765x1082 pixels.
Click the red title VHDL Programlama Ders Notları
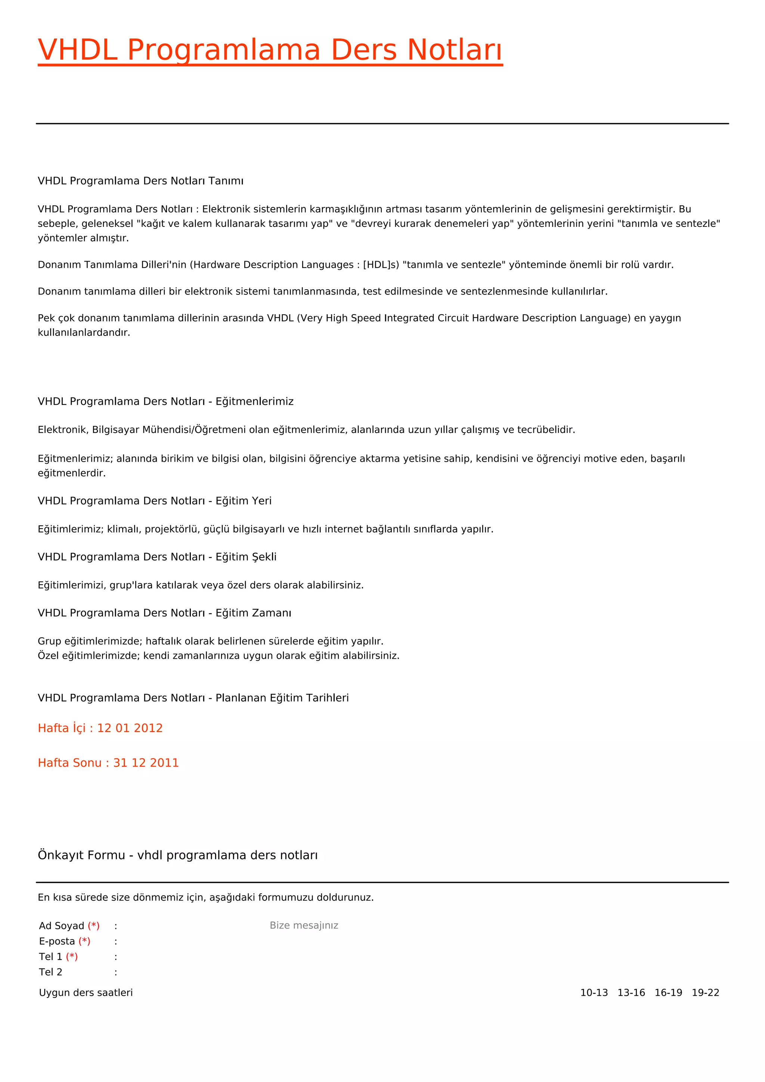click(270, 50)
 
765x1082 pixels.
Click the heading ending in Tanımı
click(140, 181)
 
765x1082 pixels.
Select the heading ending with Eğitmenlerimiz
click(165, 402)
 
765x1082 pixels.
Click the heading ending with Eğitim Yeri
click(155, 501)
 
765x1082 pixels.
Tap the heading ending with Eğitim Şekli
click(157, 557)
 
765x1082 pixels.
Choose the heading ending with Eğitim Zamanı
click(164, 613)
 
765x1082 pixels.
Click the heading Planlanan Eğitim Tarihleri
click(193, 698)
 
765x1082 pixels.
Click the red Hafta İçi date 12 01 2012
click(130, 729)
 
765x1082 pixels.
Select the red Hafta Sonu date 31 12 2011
click(146, 763)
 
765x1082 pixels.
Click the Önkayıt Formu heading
click(177, 855)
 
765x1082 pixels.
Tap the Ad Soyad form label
click(62, 926)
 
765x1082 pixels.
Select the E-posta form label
click(57, 942)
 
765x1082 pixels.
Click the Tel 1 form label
click(51, 957)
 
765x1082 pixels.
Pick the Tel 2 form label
click(50, 972)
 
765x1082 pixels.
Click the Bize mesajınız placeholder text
click(304, 925)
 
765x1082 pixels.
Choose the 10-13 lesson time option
click(594, 993)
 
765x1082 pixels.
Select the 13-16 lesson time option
click(631, 993)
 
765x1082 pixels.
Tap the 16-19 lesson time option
click(668, 993)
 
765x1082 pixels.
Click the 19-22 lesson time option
click(706, 993)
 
